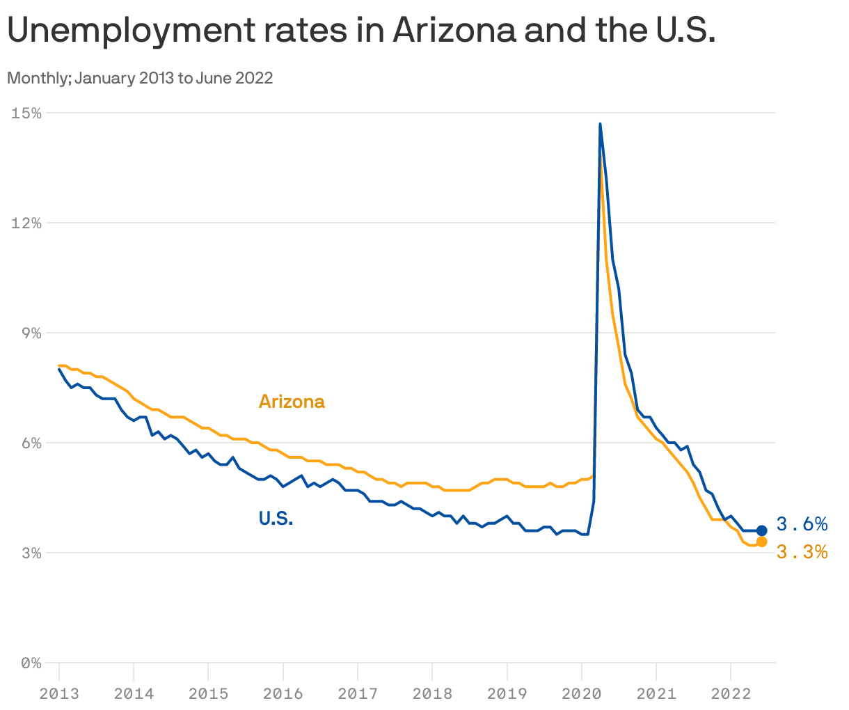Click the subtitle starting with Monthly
140,78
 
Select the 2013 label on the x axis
59,693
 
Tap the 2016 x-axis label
283,693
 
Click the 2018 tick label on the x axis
432,693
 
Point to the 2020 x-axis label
581,693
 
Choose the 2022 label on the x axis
730,693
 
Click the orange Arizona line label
292,402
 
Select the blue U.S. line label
276,519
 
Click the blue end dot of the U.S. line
761,530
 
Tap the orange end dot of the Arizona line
761,542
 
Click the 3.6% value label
802,523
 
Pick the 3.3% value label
802,552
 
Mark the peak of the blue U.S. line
600,124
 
